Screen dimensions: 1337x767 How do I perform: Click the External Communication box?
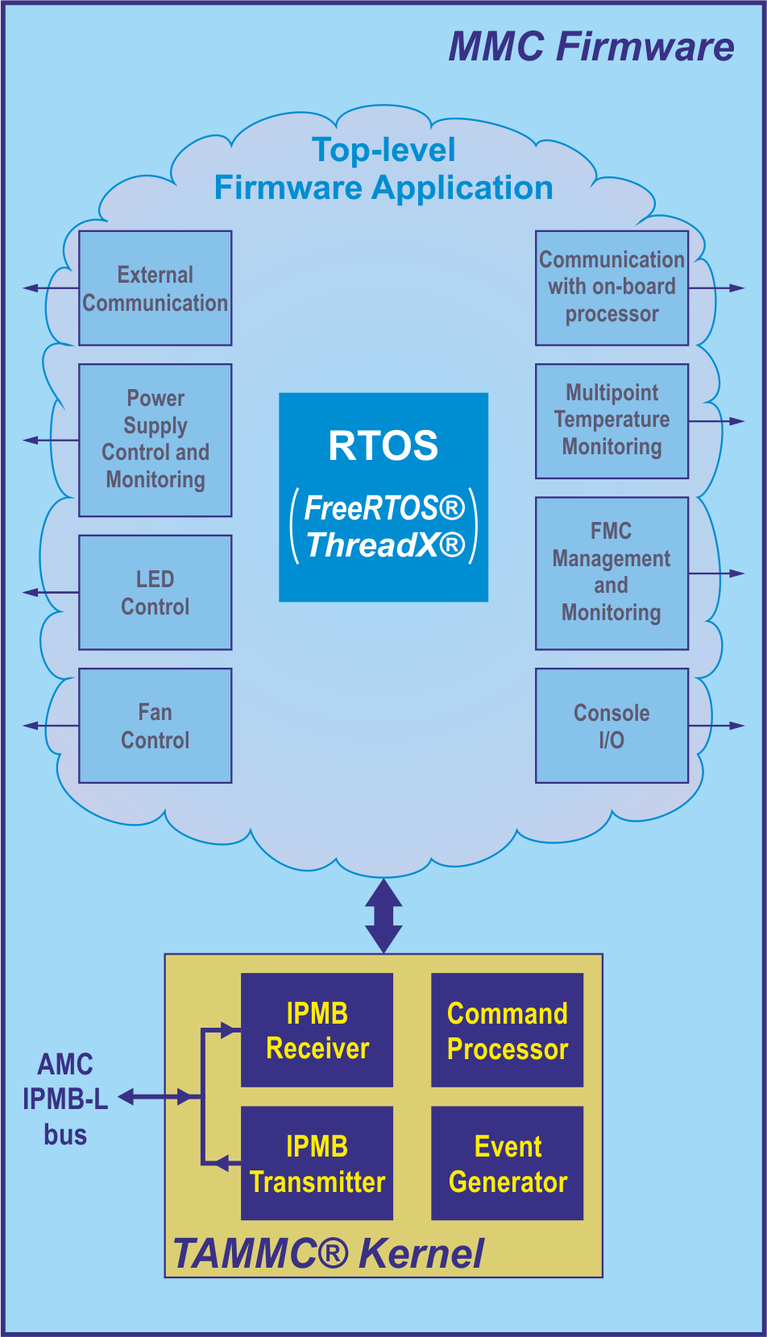(155, 288)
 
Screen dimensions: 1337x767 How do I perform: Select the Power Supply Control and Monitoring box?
(155, 440)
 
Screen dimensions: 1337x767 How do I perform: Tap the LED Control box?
(155, 593)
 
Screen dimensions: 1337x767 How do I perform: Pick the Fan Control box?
(155, 726)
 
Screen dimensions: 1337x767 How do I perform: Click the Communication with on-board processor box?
(612, 288)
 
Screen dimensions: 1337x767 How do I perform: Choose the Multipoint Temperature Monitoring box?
(612, 420)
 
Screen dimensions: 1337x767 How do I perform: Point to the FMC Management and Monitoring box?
(612, 573)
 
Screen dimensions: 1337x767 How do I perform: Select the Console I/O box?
(612, 726)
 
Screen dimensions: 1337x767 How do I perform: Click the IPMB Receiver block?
(317, 1030)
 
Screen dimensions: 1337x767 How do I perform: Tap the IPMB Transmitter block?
(317, 1163)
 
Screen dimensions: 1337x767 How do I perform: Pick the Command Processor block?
(508, 1030)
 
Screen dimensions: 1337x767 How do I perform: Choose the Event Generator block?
(508, 1163)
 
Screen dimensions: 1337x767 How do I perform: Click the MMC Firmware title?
(591, 47)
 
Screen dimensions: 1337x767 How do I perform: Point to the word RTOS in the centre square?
(383, 445)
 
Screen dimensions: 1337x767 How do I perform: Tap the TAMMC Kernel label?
(329, 1253)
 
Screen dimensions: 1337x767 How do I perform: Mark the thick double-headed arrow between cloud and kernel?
(383, 916)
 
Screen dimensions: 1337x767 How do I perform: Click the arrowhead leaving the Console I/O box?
(736, 726)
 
